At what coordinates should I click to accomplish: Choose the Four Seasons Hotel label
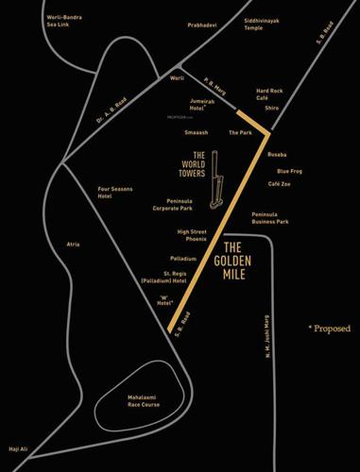pos(118,193)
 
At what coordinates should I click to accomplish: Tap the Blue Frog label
pos(288,171)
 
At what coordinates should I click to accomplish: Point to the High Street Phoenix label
pos(191,235)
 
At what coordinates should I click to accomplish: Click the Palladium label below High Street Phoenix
pos(183,258)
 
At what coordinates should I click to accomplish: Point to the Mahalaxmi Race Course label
pos(147,403)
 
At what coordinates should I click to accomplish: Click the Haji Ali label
pos(20,449)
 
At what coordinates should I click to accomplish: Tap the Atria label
pos(73,244)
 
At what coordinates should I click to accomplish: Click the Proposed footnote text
pos(330,329)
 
